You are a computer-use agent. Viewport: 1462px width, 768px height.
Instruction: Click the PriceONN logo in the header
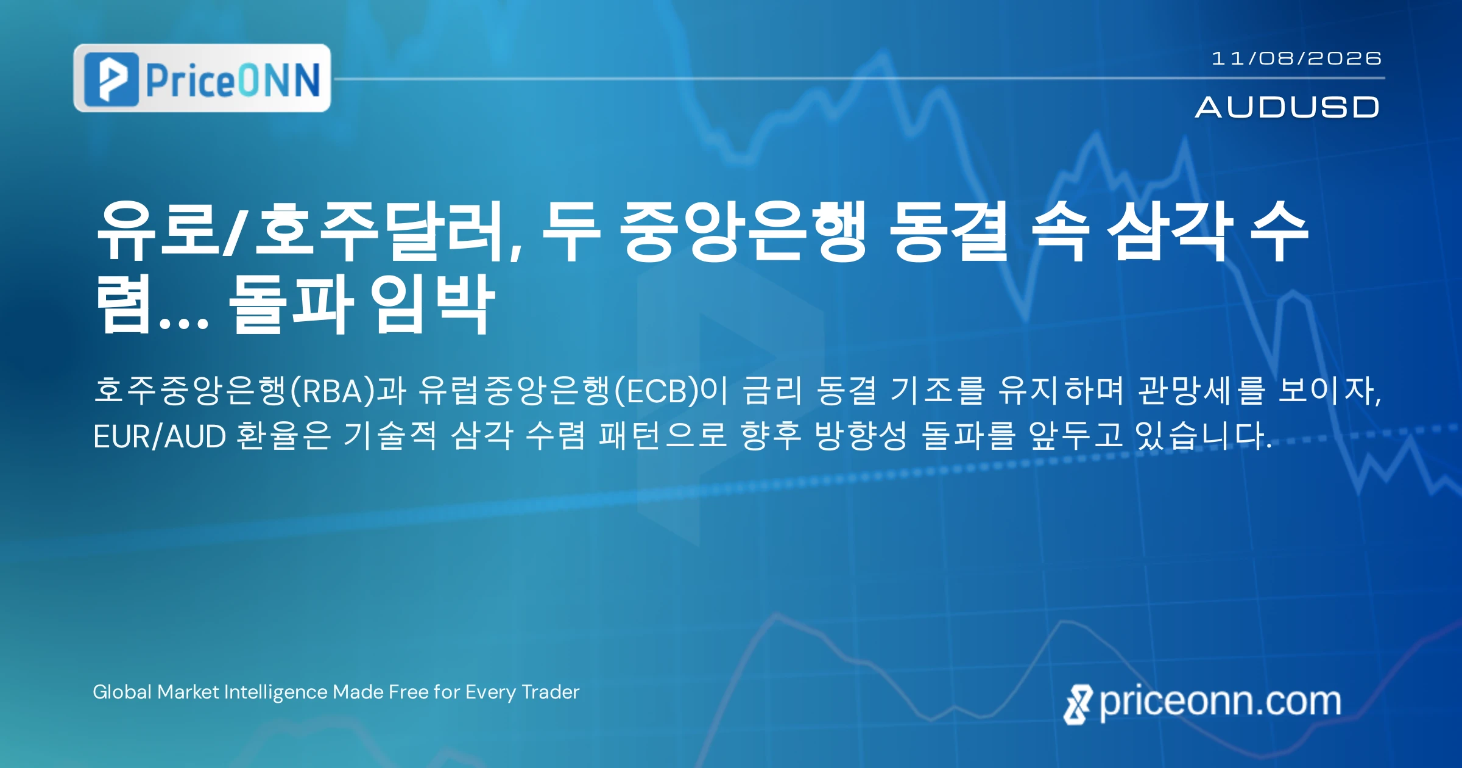click(x=202, y=78)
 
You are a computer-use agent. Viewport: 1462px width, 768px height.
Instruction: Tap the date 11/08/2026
click(x=1296, y=59)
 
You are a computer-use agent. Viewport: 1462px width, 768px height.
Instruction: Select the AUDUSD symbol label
click(x=1287, y=107)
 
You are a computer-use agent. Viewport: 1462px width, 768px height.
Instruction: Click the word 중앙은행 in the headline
click(x=743, y=232)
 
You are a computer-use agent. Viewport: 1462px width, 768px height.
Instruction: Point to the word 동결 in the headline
click(x=948, y=232)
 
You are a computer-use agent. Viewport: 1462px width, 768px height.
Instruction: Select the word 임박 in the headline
click(x=433, y=304)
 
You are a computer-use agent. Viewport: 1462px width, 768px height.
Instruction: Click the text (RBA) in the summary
click(x=333, y=390)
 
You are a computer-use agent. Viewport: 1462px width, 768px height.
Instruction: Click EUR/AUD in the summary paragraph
click(x=160, y=436)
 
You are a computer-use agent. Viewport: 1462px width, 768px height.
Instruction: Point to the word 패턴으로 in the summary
click(x=663, y=435)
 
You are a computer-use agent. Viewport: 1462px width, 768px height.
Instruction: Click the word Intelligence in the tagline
click(x=275, y=692)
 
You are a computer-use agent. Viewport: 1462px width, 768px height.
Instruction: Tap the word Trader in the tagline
click(x=551, y=692)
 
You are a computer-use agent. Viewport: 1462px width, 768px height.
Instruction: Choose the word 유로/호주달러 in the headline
click(x=309, y=232)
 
